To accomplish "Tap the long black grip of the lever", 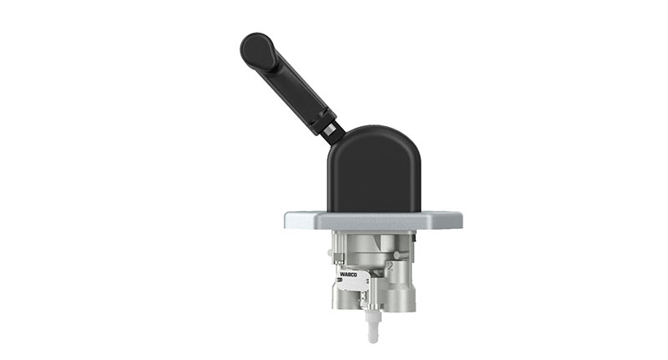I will point(292,84).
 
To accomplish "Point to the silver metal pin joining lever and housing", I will point(332,129).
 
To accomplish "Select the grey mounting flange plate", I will point(372,221).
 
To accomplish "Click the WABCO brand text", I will point(348,272).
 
